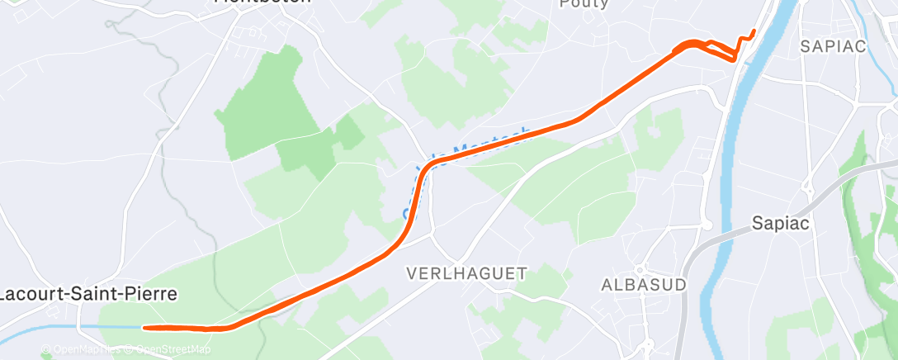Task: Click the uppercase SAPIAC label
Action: (833, 46)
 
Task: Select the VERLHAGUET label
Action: (466, 273)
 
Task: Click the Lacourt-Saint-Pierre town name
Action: (88, 294)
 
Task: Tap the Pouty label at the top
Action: (584, 4)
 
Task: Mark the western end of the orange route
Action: (144, 328)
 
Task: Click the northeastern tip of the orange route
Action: (754, 31)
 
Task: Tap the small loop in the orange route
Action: (693, 46)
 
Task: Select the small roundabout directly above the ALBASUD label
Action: (707, 224)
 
